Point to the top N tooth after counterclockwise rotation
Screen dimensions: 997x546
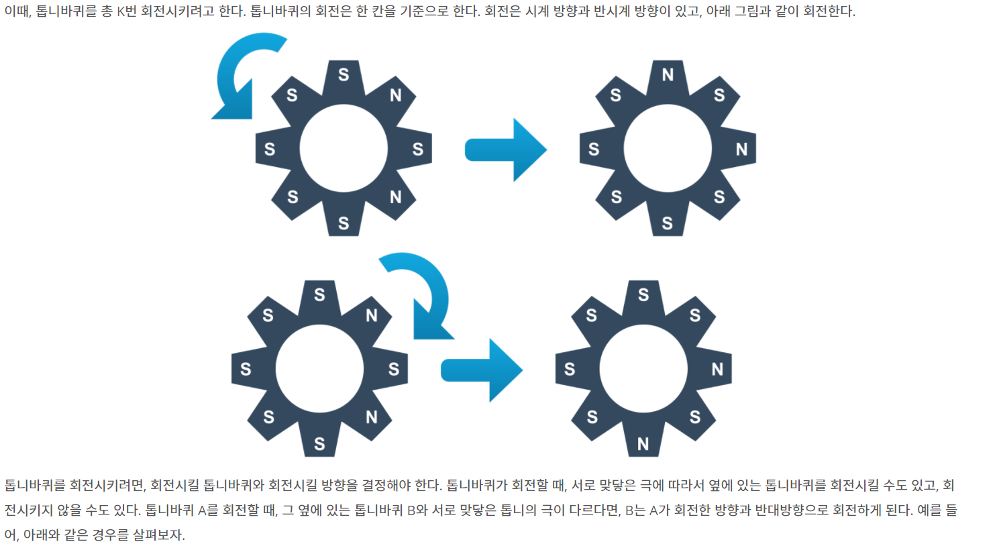click(668, 75)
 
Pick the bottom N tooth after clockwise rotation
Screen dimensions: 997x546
click(643, 443)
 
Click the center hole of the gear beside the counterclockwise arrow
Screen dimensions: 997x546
click(344, 148)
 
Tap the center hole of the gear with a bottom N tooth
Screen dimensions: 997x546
click(643, 368)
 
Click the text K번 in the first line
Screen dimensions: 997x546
click(127, 12)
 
